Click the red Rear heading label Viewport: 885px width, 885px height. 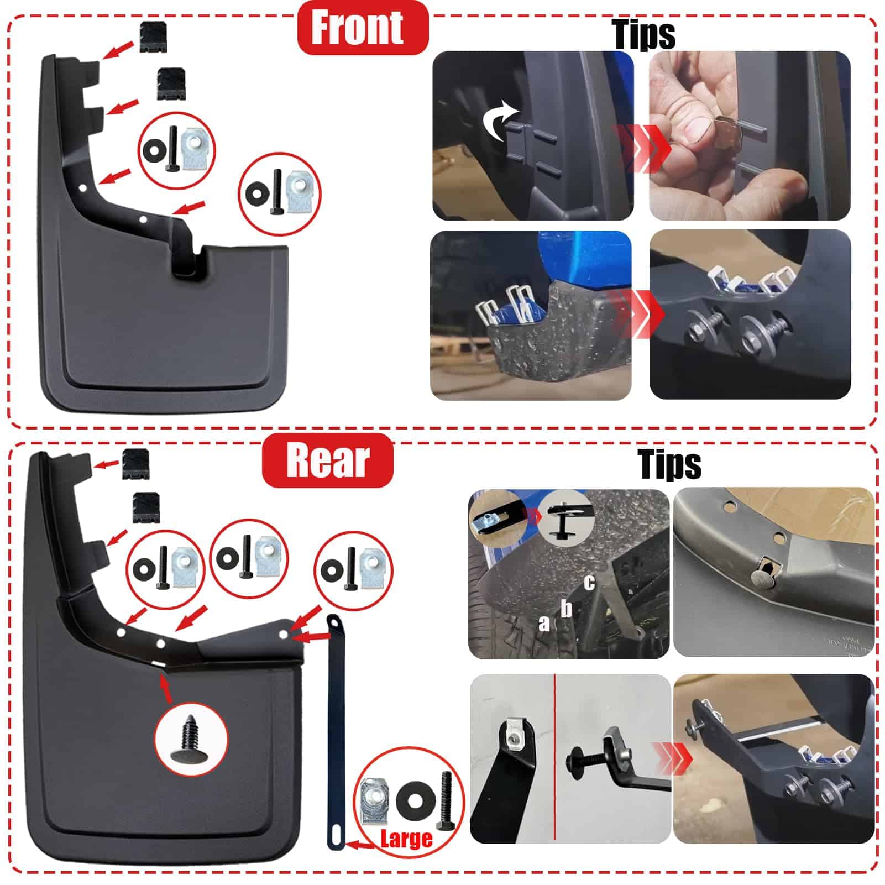pos(327,460)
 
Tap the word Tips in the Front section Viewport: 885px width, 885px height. pos(644,34)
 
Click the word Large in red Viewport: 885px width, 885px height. pos(406,838)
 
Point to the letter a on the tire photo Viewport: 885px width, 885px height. pos(544,624)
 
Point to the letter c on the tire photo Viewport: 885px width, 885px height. pos(589,583)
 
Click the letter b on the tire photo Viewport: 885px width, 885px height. pos(566,608)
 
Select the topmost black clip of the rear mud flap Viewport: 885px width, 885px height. pos(135,464)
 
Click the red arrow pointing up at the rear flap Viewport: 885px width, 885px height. pos(166,688)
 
